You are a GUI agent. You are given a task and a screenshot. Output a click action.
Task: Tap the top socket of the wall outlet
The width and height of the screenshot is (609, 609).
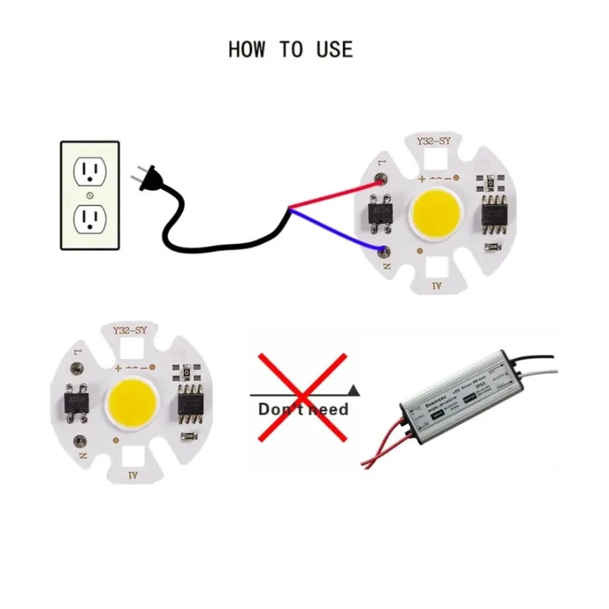(x=90, y=174)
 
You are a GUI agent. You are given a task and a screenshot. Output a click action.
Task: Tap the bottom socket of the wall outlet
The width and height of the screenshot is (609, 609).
(x=90, y=217)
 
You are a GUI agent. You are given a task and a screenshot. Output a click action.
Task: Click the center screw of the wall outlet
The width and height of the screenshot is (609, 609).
(x=90, y=196)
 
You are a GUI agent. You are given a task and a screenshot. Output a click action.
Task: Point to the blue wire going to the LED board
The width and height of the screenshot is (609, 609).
(x=337, y=230)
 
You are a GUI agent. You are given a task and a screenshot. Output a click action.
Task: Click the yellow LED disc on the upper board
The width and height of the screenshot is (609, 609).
(x=437, y=214)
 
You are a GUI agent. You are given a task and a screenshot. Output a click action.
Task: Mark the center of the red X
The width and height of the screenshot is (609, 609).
(x=302, y=396)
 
